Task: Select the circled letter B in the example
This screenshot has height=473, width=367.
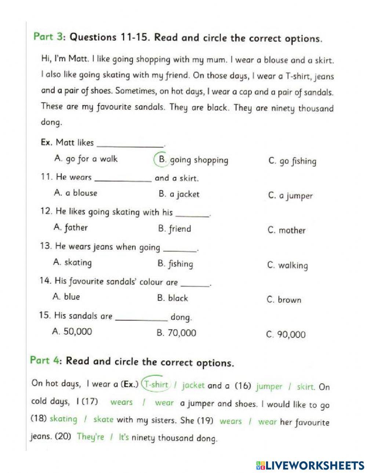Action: (161, 159)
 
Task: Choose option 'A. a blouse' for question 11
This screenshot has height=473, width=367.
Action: (76, 193)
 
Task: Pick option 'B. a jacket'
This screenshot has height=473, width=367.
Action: (179, 195)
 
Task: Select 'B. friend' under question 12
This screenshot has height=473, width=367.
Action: (174, 229)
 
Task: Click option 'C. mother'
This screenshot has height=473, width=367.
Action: (286, 230)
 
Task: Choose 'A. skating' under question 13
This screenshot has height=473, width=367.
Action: (72, 262)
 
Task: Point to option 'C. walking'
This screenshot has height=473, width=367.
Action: (287, 265)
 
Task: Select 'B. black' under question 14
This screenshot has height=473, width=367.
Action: (172, 298)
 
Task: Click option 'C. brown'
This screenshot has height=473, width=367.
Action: (284, 300)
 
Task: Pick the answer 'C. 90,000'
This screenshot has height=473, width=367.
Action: (286, 335)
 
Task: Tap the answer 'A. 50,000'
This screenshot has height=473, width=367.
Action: (72, 332)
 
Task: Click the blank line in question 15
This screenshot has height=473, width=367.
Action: (142, 319)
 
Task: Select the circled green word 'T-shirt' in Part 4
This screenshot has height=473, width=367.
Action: (156, 385)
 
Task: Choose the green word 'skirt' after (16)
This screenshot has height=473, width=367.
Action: (305, 387)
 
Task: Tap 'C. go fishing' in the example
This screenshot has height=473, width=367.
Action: (292, 161)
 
